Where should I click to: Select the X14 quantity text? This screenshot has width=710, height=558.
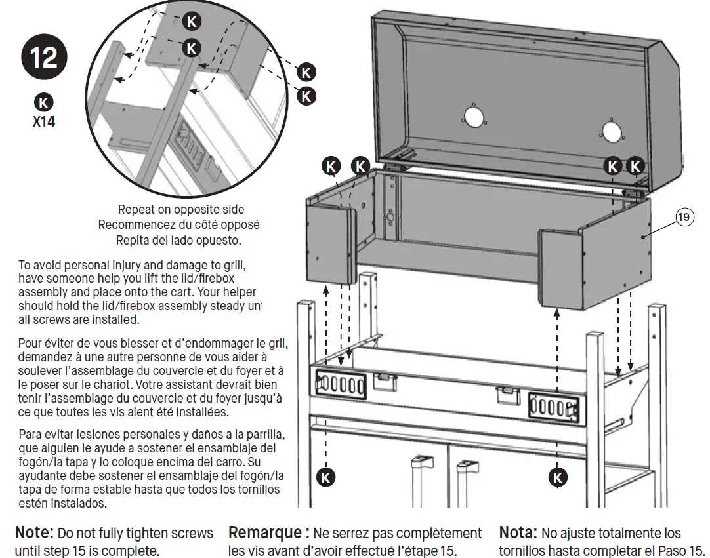44,122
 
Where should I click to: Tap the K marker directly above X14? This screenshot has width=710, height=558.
44,103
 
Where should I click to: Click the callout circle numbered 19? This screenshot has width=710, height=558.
684,218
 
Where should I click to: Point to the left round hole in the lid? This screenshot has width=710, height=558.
472,117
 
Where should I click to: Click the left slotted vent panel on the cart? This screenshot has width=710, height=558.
341,385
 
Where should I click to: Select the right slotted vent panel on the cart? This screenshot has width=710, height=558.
553,407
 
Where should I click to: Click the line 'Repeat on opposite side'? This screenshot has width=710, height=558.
181,210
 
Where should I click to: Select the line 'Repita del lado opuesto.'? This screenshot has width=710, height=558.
178,240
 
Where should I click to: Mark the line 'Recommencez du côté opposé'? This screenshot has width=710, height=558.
179,225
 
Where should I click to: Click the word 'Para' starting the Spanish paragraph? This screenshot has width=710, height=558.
30,435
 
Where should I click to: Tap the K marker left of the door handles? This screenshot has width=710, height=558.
325,477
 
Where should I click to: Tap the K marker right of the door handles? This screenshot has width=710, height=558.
557,477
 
